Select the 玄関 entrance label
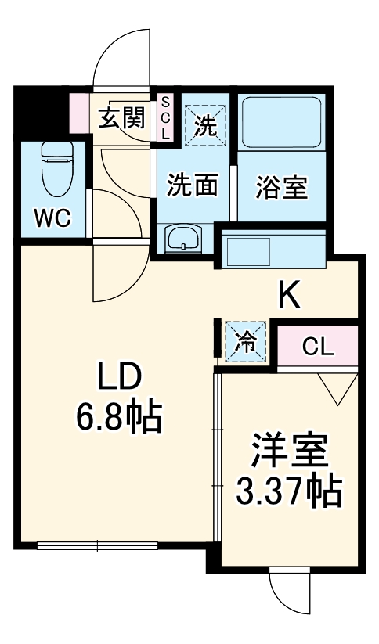point(121,119)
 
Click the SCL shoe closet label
point(165,118)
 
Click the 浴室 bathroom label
point(282,187)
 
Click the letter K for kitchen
point(289,296)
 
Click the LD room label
point(118,380)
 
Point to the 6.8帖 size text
point(118,419)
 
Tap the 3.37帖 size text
point(289,491)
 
